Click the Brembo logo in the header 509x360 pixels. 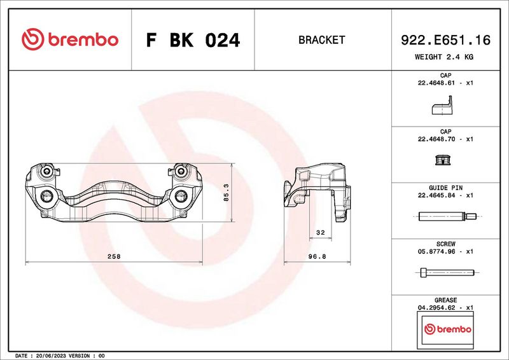click(70, 39)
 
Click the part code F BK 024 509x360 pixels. click(193, 40)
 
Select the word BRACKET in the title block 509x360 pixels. click(321, 40)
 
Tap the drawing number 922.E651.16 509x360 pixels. click(445, 40)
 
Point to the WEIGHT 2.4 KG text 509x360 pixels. click(443, 57)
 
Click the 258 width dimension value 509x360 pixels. click(114, 256)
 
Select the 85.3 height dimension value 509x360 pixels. click(227, 193)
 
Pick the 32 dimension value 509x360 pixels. click(321, 232)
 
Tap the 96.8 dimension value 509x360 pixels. click(317, 256)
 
